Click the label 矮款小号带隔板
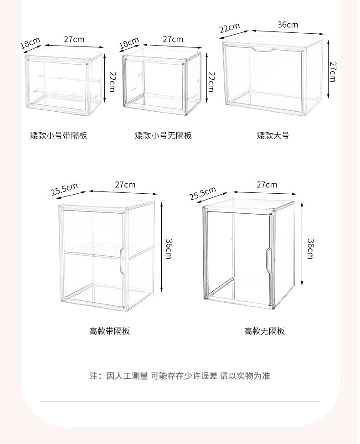[x=58, y=135]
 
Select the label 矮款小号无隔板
[x=163, y=135]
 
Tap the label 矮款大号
[x=273, y=135]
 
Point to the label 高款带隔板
[x=109, y=331]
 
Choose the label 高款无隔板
[x=264, y=331]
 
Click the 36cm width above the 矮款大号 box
[x=288, y=25]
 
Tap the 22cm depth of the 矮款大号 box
[x=229, y=28]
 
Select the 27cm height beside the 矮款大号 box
[x=333, y=72]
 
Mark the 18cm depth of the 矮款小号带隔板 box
[x=30, y=43]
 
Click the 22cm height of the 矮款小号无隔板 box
[x=211, y=82]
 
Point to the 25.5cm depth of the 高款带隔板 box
[x=64, y=189]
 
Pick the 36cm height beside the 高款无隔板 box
[x=310, y=248]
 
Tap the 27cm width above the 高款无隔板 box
[x=267, y=185]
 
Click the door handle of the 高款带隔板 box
[x=122, y=261]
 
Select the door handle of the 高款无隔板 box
[x=268, y=259]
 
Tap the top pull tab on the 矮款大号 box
[x=263, y=49]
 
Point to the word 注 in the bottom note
[x=94, y=376]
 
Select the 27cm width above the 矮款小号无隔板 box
[x=173, y=39]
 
